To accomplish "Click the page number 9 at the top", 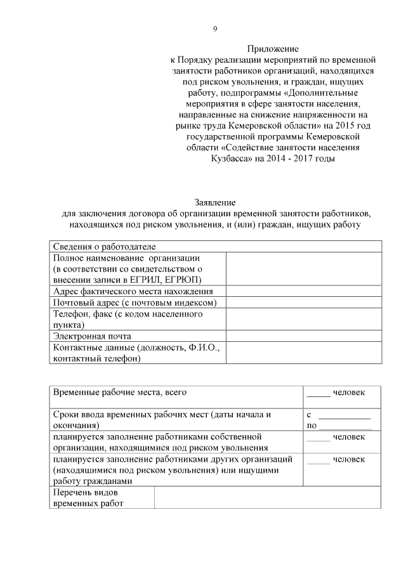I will (x=214, y=29).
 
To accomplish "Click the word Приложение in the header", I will (x=273, y=48).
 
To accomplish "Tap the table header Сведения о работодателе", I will (x=104, y=246).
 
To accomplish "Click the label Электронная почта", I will (x=92, y=336).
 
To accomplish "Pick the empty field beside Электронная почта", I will (x=303, y=336).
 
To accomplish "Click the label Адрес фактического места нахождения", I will (x=133, y=291).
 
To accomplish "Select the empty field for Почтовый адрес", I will (x=303, y=303).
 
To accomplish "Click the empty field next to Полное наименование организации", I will (x=303, y=269).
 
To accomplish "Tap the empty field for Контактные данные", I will (x=303, y=353).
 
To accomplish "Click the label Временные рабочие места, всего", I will (x=120, y=393).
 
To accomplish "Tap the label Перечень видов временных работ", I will (x=89, y=498).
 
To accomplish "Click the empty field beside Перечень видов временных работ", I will (x=267, y=498).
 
